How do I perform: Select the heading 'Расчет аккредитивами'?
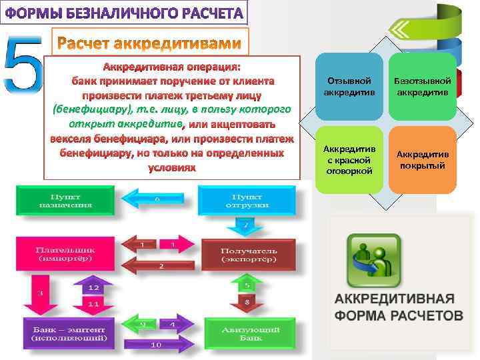(x=149, y=43)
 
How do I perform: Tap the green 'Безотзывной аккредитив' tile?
(x=422, y=85)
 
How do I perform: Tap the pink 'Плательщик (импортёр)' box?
(x=64, y=253)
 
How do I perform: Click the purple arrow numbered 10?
(x=157, y=345)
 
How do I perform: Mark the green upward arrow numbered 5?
(x=247, y=285)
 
